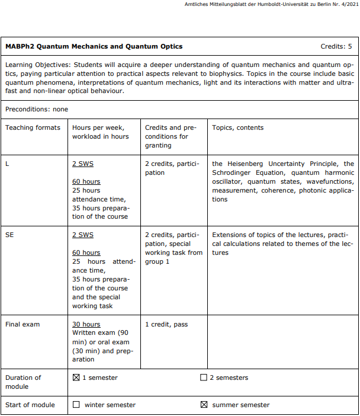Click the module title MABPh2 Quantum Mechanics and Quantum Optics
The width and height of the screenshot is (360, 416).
point(94,46)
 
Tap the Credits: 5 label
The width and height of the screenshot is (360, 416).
point(336,46)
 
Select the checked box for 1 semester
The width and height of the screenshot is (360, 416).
point(76,377)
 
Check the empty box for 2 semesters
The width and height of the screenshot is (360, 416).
point(204,377)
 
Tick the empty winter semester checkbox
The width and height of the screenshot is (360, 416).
point(76,405)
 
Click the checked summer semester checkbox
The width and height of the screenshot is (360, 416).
point(204,405)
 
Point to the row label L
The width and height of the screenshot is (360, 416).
point(7,164)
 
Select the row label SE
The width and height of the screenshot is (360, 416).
point(9,235)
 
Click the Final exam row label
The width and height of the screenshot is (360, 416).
point(22,324)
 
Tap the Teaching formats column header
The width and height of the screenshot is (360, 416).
point(33,127)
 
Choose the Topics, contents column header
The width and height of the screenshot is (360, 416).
point(238,127)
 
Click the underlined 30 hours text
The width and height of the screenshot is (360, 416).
point(86,324)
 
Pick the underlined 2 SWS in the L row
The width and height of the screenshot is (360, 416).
point(83,164)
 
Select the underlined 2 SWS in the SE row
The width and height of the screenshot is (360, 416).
point(83,235)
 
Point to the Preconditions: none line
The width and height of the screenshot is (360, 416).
point(37,109)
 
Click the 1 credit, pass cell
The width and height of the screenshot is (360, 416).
point(166,324)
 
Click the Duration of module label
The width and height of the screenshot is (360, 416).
point(24,382)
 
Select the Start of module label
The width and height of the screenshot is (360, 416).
point(30,405)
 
